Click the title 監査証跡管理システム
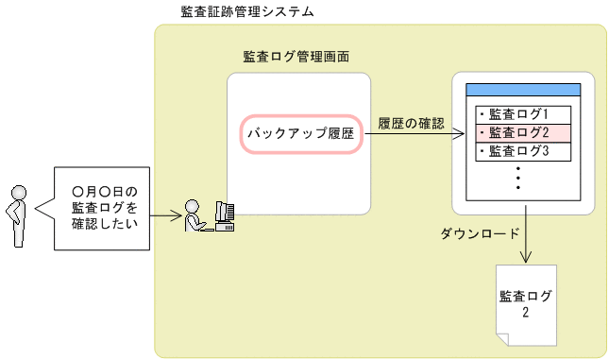pos(246,12)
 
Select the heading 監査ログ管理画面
pos(296,57)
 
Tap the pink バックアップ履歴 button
pos(300,134)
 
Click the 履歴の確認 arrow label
pos(409,122)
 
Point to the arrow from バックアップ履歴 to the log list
pos(415,134)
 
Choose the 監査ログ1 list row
pos(522,114)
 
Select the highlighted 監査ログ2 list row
pos(522,132)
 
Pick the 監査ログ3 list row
pos(522,150)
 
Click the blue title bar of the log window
pos(522,89)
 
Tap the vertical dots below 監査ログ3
pos(518,178)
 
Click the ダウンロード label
pos(479,232)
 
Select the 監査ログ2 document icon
pos(525,304)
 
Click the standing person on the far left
pos(16,215)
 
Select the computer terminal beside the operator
pos(225,216)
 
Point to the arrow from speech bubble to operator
pos(166,216)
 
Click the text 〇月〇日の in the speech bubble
pos(104,191)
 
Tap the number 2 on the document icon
pos(525,313)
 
